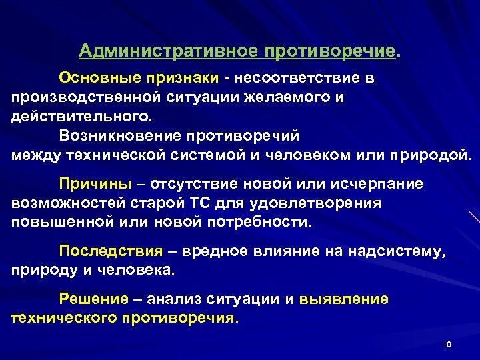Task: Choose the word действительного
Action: pos(81,117)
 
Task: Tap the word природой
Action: pos(433,155)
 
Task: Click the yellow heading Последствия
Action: pos(111,251)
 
